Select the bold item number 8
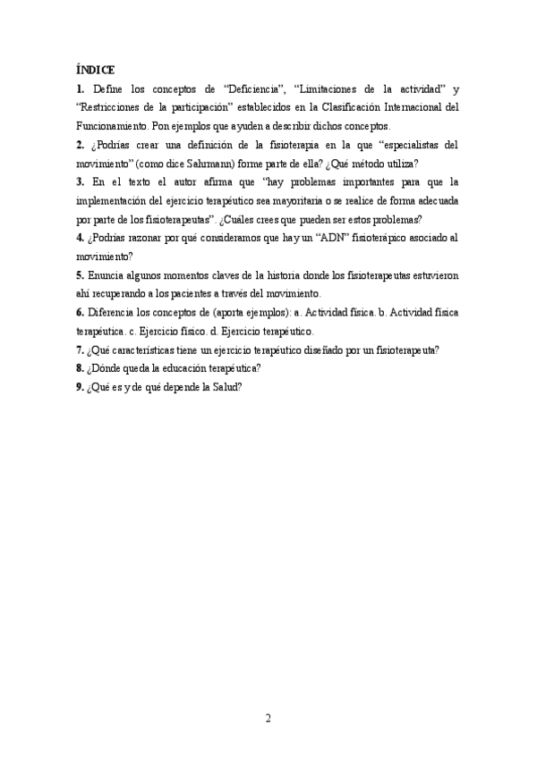(x=81, y=367)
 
